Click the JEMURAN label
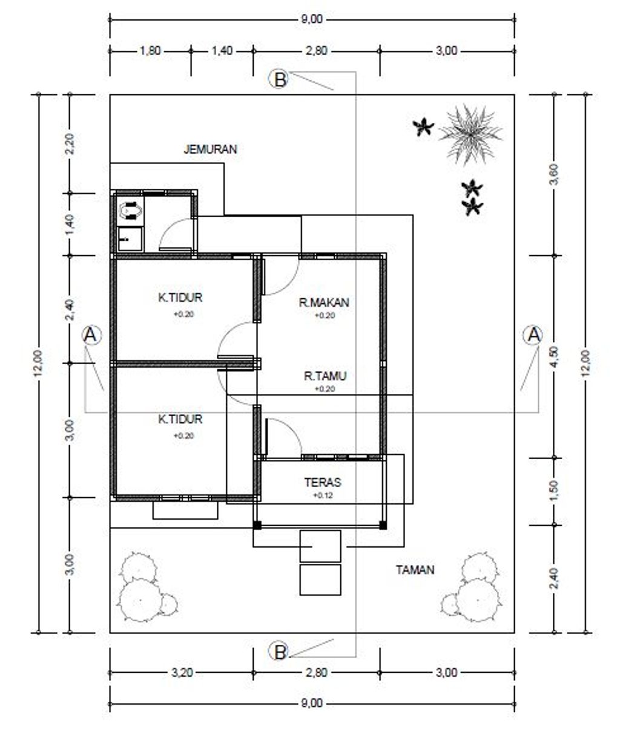[x=210, y=149]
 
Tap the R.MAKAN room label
[x=324, y=302]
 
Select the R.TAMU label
[x=325, y=376]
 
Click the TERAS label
[x=323, y=482]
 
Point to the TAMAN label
[x=415, y=570]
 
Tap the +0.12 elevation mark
[x=323, y=495]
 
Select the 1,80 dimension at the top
[x=150, y=51]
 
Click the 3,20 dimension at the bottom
[x=182, y=673]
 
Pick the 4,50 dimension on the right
[x=555, y=356]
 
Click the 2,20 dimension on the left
[x=70, y=143]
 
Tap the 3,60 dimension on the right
[x=555, y=175]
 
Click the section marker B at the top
[x=280, y=79]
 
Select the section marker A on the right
[x=533, y=335]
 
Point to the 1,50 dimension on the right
[x=555, y=491]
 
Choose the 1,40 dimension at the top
[x=222, y=51]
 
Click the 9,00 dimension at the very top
[x=312, y=19]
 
